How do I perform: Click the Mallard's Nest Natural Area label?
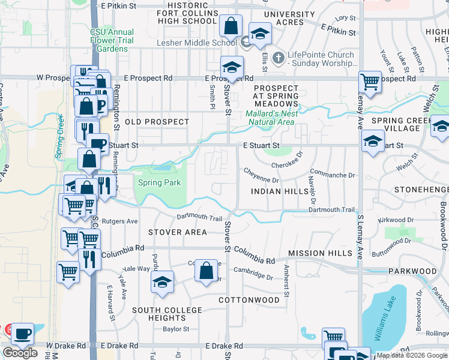pyautogui.click(x=270, y=118)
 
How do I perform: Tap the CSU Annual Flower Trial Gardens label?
pyautogui.click(x=112, y=40)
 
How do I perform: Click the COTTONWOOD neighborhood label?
pyautogui.click(x=249, y=299)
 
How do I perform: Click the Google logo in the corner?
pyautogui.click(x=20, y=353)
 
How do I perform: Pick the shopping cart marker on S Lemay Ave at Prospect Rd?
pyautogui.click(x=370, y=82)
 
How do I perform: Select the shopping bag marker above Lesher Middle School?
pyautogui.click(x=231, y=26)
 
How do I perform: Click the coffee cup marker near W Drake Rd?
pyautogui.click(x=23, y=334)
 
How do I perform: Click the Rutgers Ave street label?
pyautogui.click(x=120, y=221)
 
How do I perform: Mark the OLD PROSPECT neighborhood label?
pyautogui.click(x=157, y=122)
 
